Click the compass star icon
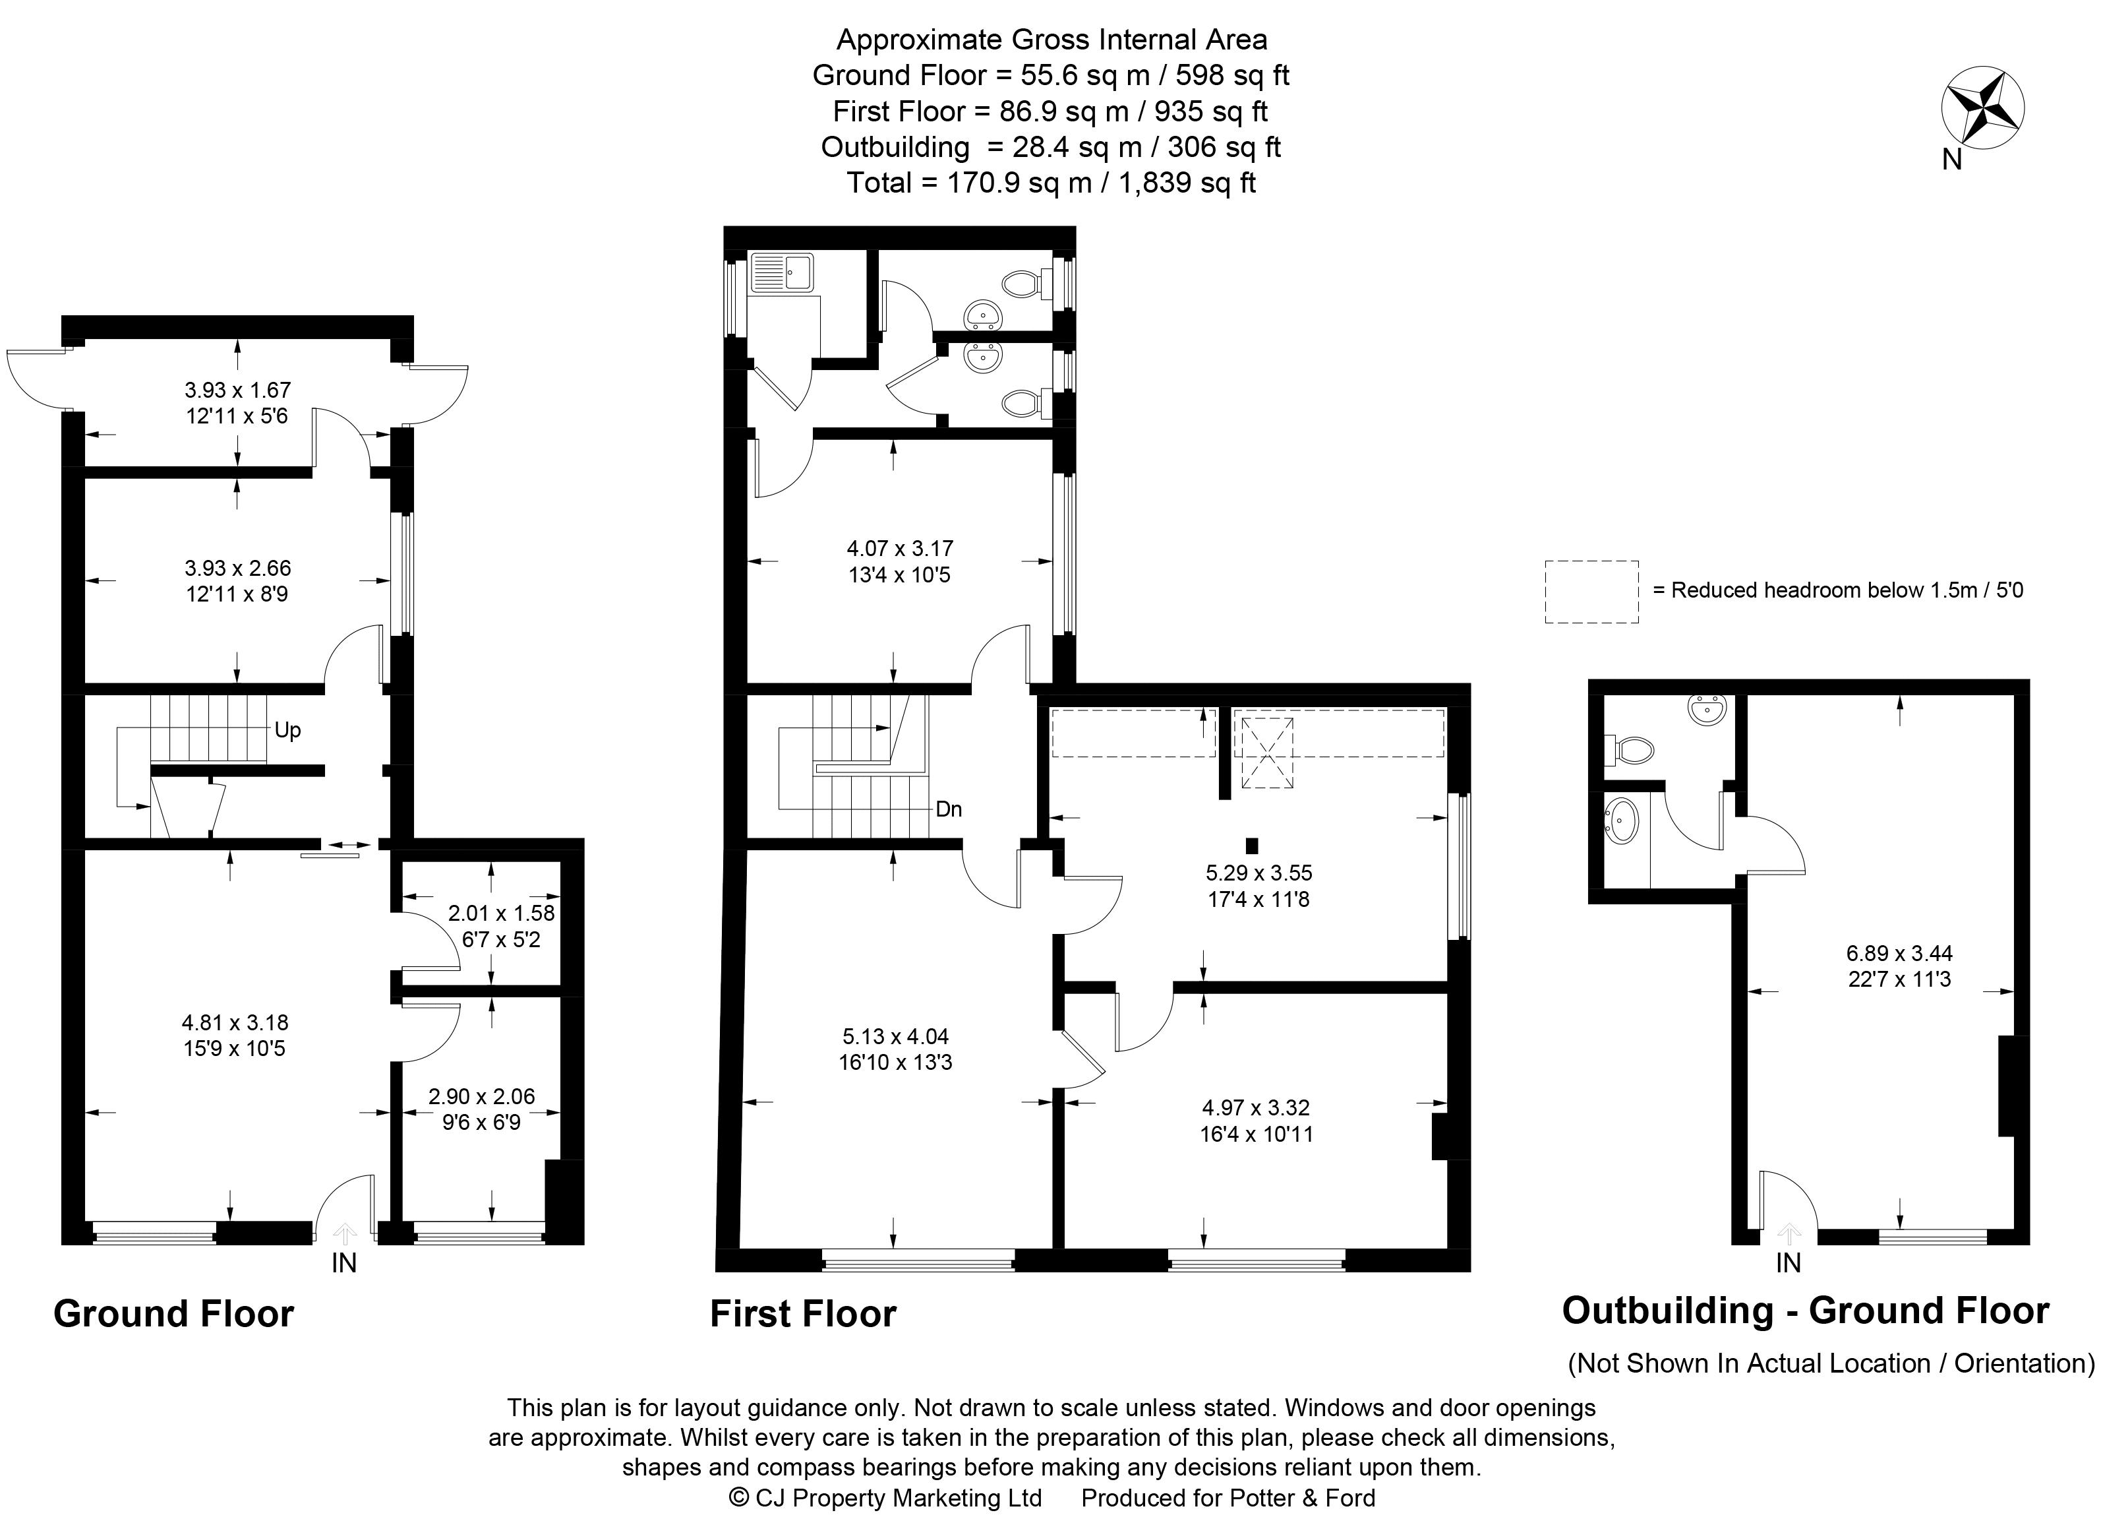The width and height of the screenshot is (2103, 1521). pyautogui.click(x=1982, y=109)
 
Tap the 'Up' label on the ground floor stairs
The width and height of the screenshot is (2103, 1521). pyautogui.click(x=287, y=730)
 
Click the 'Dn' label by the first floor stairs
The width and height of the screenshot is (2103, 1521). pyautogui.click(x=949, y=809)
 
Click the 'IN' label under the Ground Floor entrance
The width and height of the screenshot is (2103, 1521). pyautogui.click(x=344, y=1262)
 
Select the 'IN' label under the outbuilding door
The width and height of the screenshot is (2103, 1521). pyautogui.click(x=1788, y=1262)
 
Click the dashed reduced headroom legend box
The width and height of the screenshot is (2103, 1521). pyautogui.click(x=1591, y=591)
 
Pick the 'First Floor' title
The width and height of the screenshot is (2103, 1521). pyautogui.click(x=803, y=1313)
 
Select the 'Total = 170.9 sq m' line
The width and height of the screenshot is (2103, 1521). pyautogui.click(x=1051, y=183)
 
